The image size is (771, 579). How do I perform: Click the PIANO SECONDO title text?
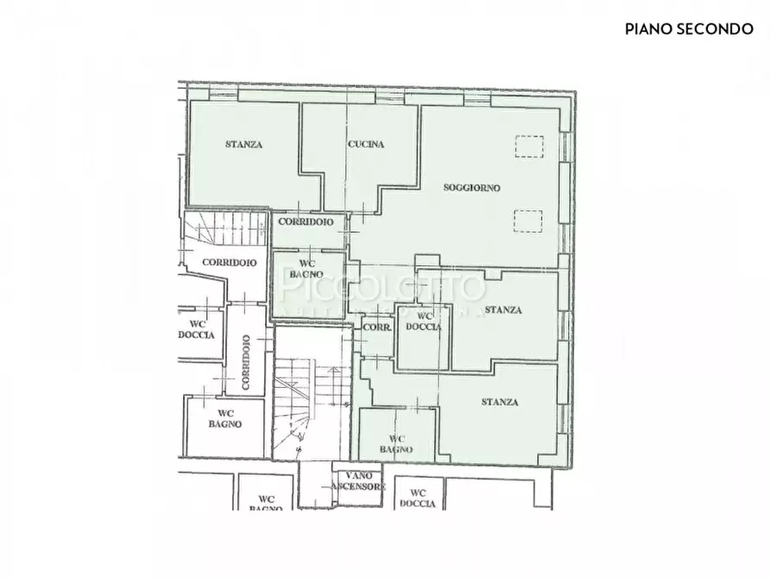(x=689, y=29)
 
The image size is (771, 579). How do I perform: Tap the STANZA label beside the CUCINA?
(x=243, y=144)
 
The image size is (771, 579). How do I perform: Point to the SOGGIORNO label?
(x=471, y=188)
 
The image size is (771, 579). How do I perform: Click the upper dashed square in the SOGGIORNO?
(x=528, y=147)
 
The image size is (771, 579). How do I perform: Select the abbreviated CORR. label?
(x=376, y=328)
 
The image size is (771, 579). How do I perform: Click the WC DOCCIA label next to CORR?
(x=423, y=321)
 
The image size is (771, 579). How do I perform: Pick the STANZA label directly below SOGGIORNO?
(x=502, y=310)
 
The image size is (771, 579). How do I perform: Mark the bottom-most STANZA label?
(x=500, y=402)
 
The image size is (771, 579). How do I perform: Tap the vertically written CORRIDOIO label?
(x=246, y=360)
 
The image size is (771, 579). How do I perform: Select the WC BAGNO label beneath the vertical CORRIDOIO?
(x=224, y=418)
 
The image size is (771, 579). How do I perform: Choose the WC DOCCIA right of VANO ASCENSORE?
(x=418, y=498)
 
